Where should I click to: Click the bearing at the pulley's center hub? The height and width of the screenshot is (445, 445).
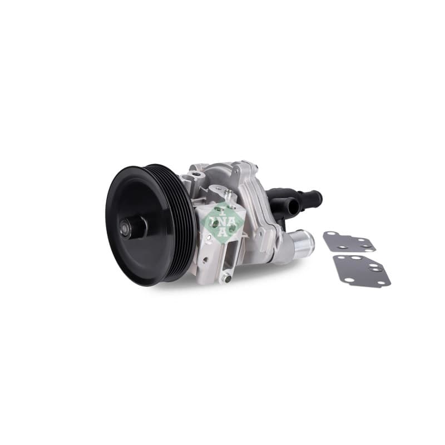pyautogui.click(x=125, y=228)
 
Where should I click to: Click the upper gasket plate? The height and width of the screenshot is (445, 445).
pyautogui.click(x=349, y=241)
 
